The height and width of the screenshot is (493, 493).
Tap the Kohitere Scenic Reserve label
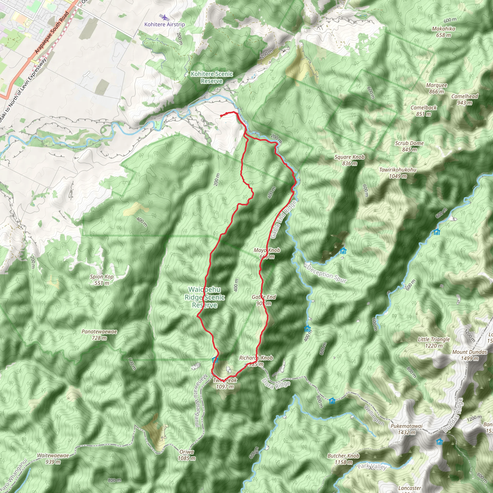tap(212, 77)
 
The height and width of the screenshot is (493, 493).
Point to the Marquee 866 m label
tap(437, 88)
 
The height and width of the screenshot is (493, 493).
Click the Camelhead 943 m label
tap(464, 99)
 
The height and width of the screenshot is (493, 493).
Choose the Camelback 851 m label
tap(424, 111)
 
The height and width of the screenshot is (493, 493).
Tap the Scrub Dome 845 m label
tap(409, 146)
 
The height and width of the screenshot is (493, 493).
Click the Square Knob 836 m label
tap(350, 160)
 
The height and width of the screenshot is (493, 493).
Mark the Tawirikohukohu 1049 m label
tap(398, 173)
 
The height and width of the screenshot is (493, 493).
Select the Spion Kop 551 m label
tap(102, 280)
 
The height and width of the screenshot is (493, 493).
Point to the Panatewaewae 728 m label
tap(99, 335)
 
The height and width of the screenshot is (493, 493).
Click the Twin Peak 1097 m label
tap(225, 383)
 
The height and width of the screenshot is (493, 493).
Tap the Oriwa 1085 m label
tap(187, 455)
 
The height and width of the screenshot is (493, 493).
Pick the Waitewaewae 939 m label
tap(53, 459)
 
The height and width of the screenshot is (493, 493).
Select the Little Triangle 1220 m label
tap(434, 343)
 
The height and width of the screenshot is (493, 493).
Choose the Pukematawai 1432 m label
tap(407, 429)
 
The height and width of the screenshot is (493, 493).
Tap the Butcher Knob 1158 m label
tap(344, 459)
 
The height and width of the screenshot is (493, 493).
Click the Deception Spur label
tap(327, 274)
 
